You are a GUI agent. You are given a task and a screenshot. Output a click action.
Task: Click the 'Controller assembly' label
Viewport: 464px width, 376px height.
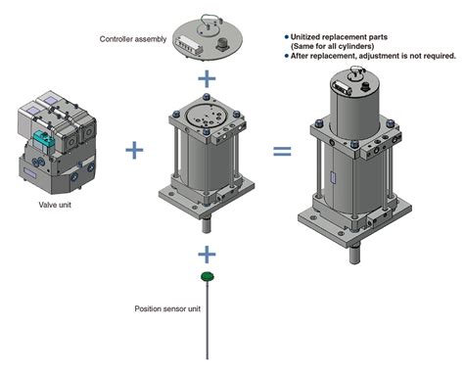133,39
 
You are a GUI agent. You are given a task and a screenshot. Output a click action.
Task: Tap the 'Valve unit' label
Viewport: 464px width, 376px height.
55,205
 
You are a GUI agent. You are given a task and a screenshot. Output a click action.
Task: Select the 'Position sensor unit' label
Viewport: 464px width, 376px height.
167,308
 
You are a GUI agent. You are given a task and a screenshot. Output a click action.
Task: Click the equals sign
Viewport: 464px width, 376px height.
282,151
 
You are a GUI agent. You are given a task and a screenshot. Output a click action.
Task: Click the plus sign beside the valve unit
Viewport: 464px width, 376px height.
134,150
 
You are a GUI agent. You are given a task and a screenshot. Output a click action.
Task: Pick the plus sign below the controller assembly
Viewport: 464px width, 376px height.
207,78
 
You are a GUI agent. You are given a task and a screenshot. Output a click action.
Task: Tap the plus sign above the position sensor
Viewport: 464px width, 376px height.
207,255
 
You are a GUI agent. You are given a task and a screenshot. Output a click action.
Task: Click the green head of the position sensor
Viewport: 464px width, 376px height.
208,277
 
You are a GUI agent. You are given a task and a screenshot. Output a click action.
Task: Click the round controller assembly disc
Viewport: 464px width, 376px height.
208,40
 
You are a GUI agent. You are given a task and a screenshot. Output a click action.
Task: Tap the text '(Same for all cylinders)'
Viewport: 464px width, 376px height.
332,46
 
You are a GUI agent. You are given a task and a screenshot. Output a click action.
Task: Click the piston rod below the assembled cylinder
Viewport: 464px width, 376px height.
354,255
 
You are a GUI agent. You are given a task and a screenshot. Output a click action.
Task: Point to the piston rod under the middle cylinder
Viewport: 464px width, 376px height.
207,225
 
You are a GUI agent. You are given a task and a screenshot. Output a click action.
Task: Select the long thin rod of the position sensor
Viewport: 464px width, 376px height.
208,320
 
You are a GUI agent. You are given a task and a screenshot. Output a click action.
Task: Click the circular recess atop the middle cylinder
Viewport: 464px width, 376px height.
204,117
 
